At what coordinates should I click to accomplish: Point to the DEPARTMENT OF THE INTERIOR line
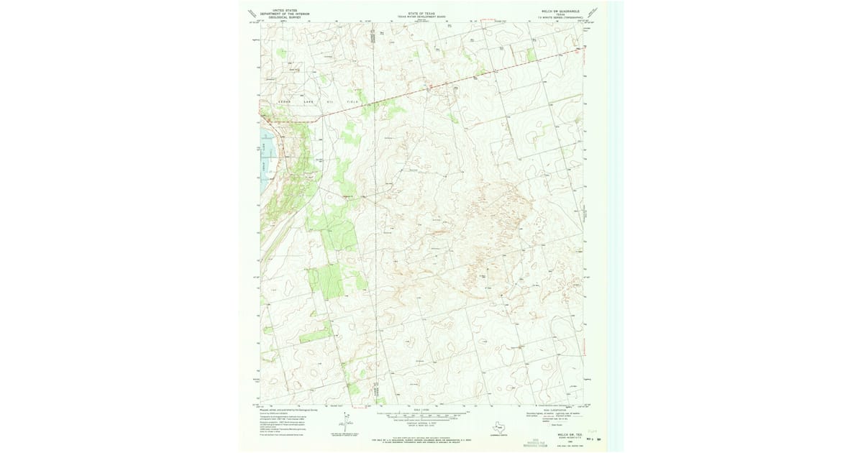point(275,14)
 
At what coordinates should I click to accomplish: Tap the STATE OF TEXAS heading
point(421,12)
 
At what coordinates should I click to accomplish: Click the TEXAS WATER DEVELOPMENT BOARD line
point(421,16)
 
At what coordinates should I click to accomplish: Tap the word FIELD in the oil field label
point(352,102)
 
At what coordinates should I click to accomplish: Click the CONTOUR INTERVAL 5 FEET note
point(423,422)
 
